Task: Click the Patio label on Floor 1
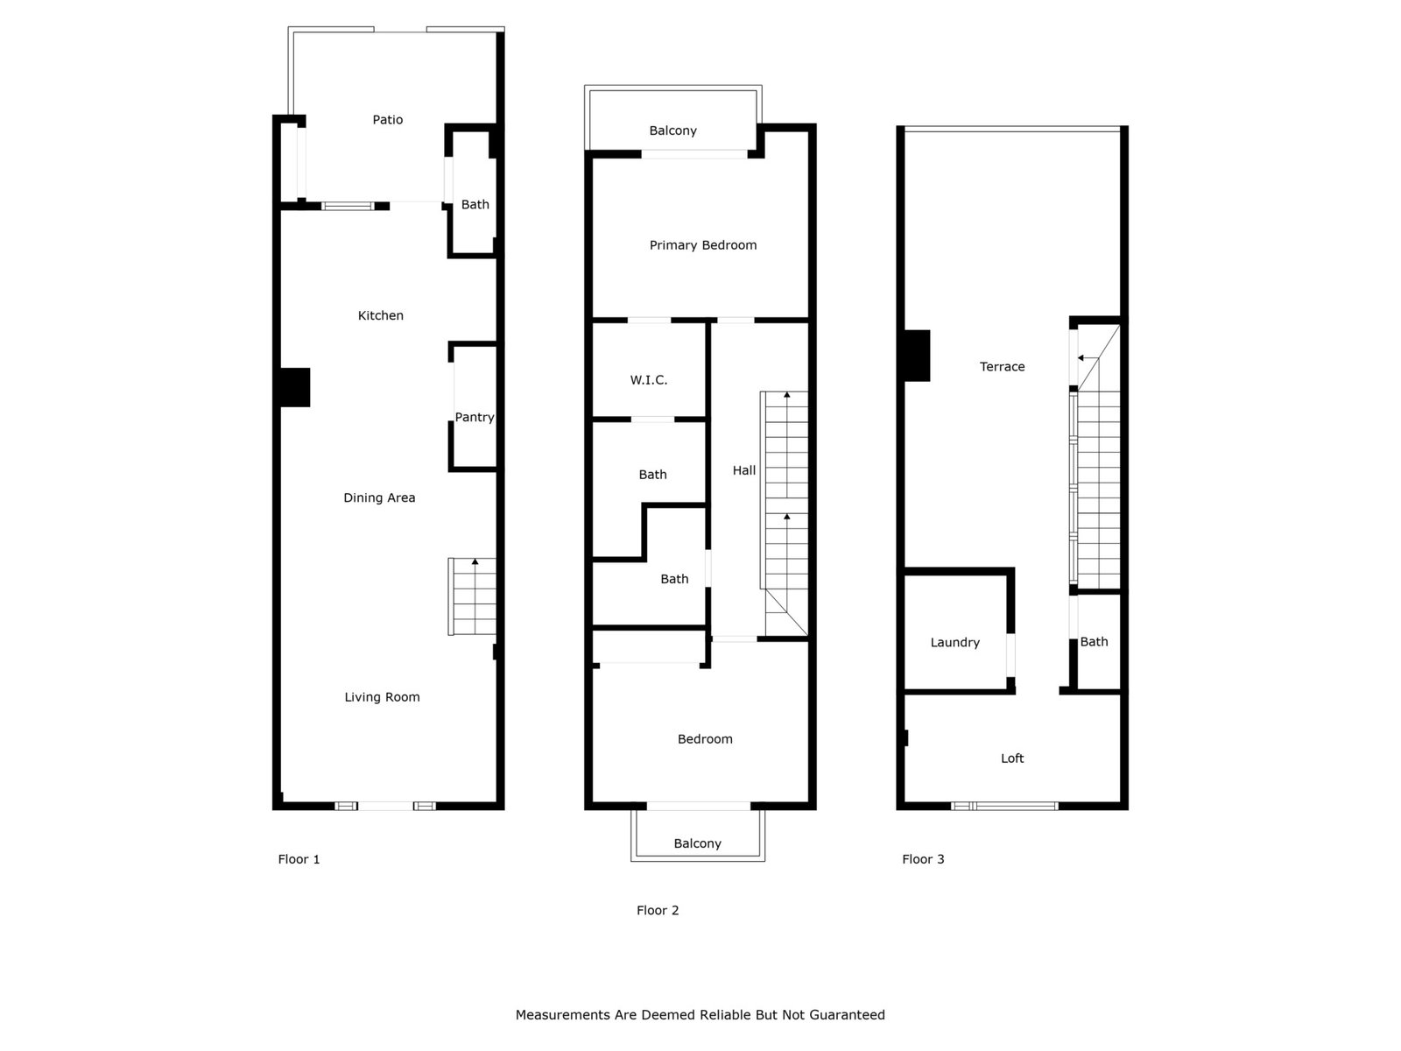[387, 119]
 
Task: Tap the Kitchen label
[380, 315]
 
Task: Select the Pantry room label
[475, 418]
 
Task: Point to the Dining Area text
[379, 497]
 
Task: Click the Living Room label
[383, 697]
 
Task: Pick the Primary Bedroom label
[703, 245]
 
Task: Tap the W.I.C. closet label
[649, 380]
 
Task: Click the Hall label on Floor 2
[743, 470]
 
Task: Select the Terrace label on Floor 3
[1002, 366]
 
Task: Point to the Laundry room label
[954, 643]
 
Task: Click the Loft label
[1012, 758]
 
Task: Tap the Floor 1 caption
[299, 859]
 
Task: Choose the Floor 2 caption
[658, 910]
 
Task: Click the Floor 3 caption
[923, 859]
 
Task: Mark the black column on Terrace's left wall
[917, 356]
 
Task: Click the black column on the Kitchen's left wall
[295, 387]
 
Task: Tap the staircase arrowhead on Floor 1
[475, 561]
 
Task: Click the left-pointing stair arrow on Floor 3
[1088, 358]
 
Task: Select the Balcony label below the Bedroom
[698, 843]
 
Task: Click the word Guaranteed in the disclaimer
[847, 1014]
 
